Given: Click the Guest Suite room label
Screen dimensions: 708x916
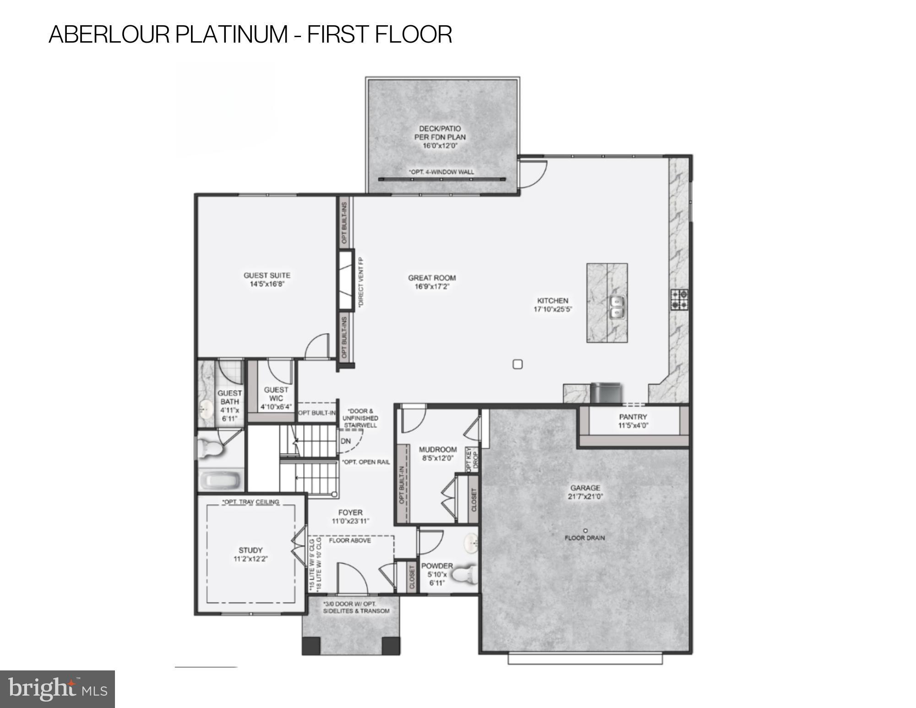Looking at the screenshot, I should pyautogui.click(x=267, y=275).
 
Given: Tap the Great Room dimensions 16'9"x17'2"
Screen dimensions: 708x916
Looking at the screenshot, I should pyautogui.click(x=432, y=286).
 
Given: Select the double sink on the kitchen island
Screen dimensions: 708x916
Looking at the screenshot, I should pyautogui.click(x=617, y=307).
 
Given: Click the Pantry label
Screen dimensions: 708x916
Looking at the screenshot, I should pyautogui.click(x=633, y=417).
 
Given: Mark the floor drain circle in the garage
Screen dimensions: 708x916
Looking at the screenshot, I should pyautogui.click(x=585, y=531).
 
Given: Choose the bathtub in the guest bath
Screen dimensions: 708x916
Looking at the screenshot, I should pyautogui.click(x=220, y=481).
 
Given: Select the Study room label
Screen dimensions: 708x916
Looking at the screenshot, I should pyautogui.click(x=251, y=550).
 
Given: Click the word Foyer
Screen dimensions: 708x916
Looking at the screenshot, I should pyautogui.click(x=350, y=512).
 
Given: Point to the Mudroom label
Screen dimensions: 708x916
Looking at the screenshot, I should pyautogui.click(x=438, y=449).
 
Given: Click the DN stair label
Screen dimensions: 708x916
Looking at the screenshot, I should pyautogui.click(x=346, y=441).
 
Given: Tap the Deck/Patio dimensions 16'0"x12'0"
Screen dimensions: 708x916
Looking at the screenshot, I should pyautogui.click(x=440, y=146).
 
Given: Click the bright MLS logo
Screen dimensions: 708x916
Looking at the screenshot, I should pyautogui.click(x=57, y=689).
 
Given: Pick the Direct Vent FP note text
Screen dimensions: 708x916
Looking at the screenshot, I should pyautogui.click(x=360, y=282).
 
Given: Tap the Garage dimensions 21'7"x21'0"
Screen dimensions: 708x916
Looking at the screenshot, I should pyautogui.click(x=585, y=496).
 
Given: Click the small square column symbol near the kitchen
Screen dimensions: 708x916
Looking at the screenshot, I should pyautogui.click(x=518, y=364).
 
